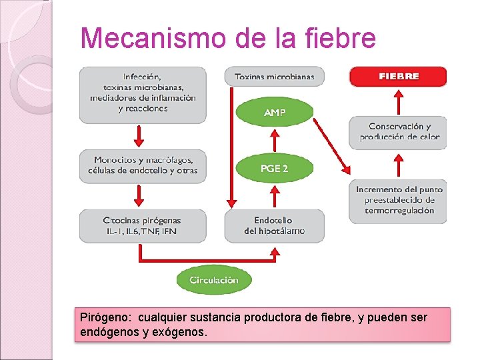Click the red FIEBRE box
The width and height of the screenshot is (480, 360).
pos(398,77)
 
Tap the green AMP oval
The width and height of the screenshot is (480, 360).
pos(275,113)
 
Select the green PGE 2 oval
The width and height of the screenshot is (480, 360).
pos(275,169)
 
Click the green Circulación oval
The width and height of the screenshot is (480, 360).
pos(213,280)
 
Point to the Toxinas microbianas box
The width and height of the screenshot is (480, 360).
pos(275,77)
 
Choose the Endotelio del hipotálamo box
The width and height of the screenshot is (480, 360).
pos(275,226)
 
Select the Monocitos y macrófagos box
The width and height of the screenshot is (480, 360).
pos(142,165)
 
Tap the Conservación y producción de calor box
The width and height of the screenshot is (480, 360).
pos(398,132)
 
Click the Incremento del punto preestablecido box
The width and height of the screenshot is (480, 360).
pos(398,200)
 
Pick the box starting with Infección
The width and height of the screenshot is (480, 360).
pos(142,94)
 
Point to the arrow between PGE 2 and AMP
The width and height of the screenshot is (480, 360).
pos(275,140)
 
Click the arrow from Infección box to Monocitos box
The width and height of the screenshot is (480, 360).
pos(139,136)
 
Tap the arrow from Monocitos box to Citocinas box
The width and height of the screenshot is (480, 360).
pos(139,195)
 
